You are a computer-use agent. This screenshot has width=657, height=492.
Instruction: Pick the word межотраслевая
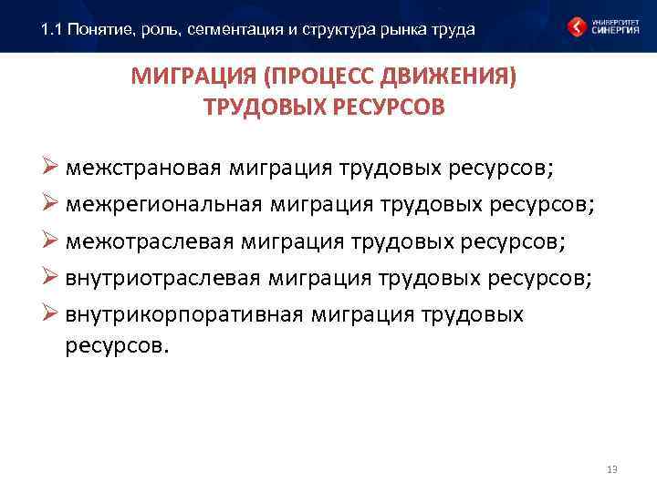149,241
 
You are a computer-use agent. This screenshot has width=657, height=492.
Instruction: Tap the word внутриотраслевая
164,278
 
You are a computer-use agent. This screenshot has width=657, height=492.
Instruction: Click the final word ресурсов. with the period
118,346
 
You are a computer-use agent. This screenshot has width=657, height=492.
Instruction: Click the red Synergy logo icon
576,26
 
